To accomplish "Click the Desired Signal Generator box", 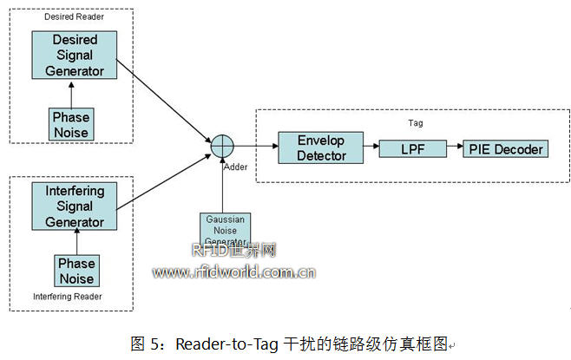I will (75, 55).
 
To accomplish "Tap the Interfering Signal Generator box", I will (75, 206).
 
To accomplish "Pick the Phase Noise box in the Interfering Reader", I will (76, 270).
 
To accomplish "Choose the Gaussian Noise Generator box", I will (225, 230).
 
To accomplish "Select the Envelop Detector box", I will (310, 148).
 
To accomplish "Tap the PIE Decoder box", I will (505, 149).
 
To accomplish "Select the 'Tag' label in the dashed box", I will (415, 123).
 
